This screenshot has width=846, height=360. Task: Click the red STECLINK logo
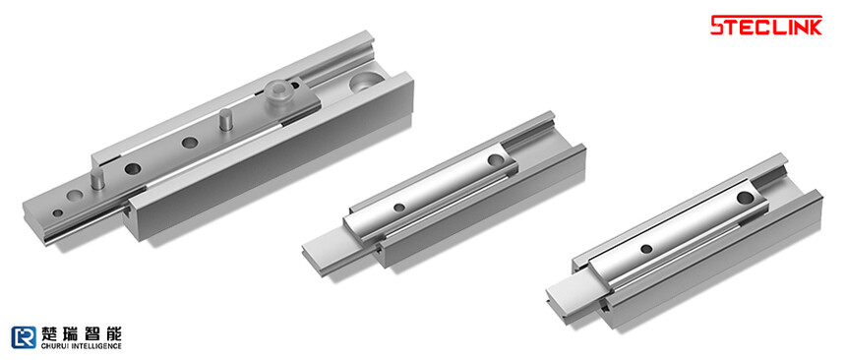click(x=766, y=26)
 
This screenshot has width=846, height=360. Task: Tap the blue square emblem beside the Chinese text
click(x=24, y=337)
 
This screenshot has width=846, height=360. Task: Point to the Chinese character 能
click(x=113, y=333)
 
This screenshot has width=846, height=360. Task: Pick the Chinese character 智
click(x=92, y=333)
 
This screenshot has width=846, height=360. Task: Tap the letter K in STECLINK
click(x=814, y=26)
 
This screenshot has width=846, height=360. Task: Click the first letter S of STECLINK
click(x=719, y=26)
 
